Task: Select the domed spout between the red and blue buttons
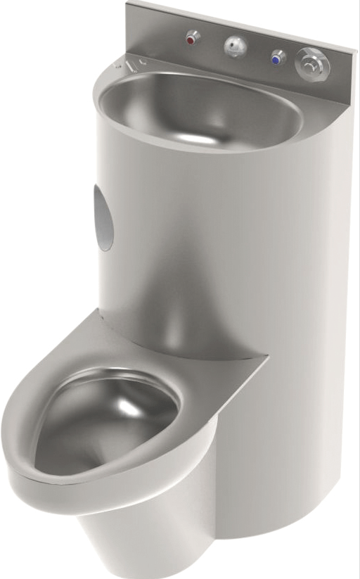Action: pyautogui.click(x=235, y=46)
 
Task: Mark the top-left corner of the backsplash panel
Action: pyautogui.click(x=128, y=4)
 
